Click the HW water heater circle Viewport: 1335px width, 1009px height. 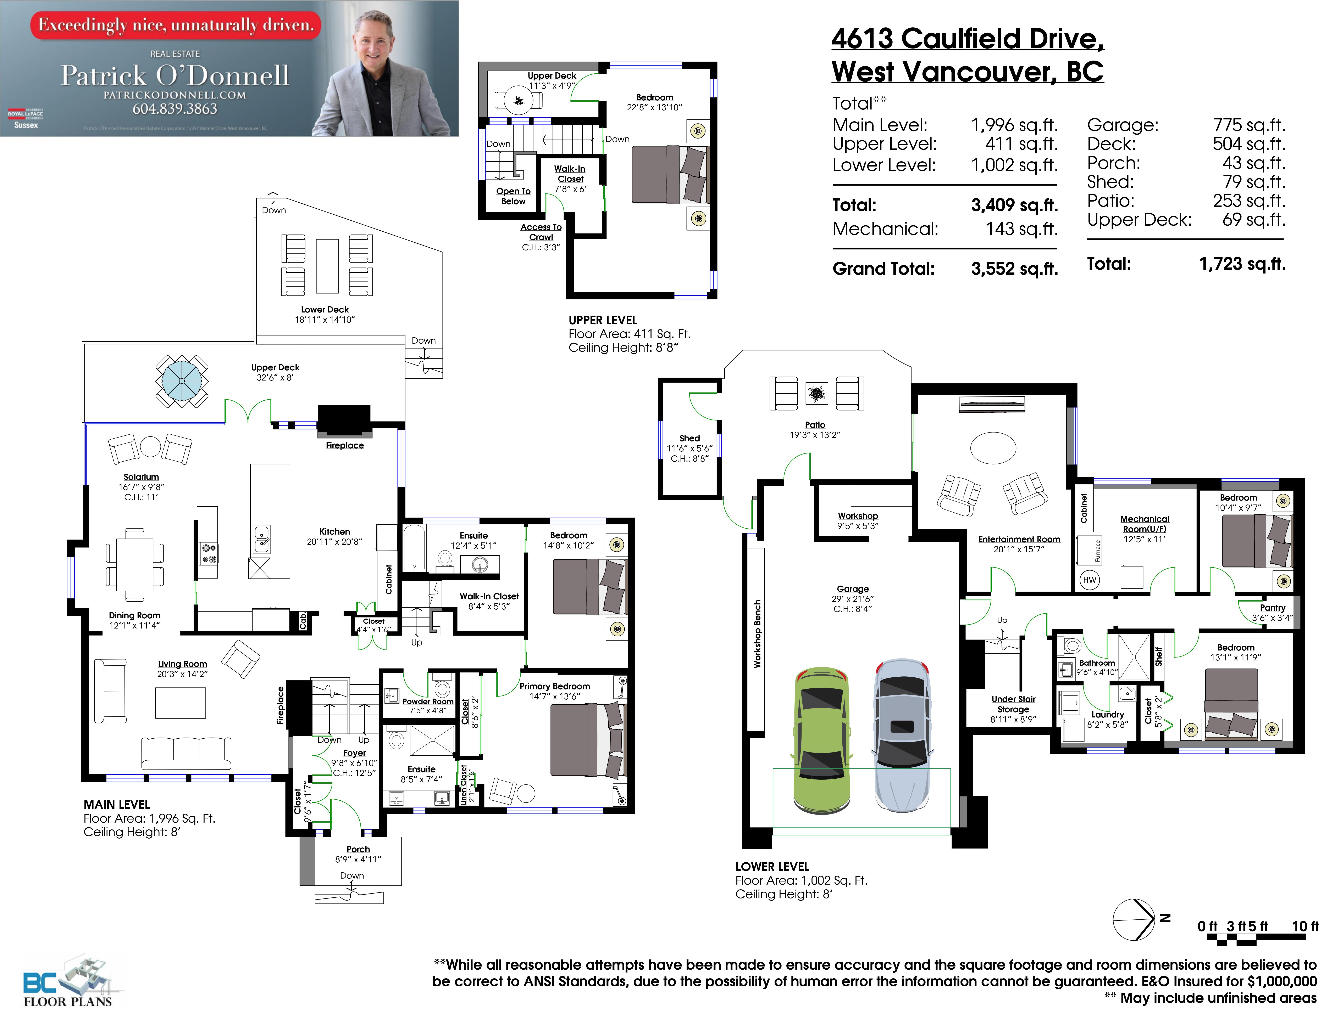pyautogui.click(x=1089, y=580)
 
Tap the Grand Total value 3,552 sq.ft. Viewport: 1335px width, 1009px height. pyautogui.click(x=1014, y=269)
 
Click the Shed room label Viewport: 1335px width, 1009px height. pyautogui.click(x=689, y=439)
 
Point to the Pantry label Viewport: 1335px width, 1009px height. pyautogui.click(x=1272, y=608)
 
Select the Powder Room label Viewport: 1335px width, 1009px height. pyautogui.click(x=428, y=701)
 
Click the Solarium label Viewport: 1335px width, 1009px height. pyautogui.click(x=141, y=477)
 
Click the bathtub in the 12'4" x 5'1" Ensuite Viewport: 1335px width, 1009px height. pyautogui.click(x=415, y=548)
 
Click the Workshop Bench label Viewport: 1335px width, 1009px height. pyautogui.click(x=757, y=634)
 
